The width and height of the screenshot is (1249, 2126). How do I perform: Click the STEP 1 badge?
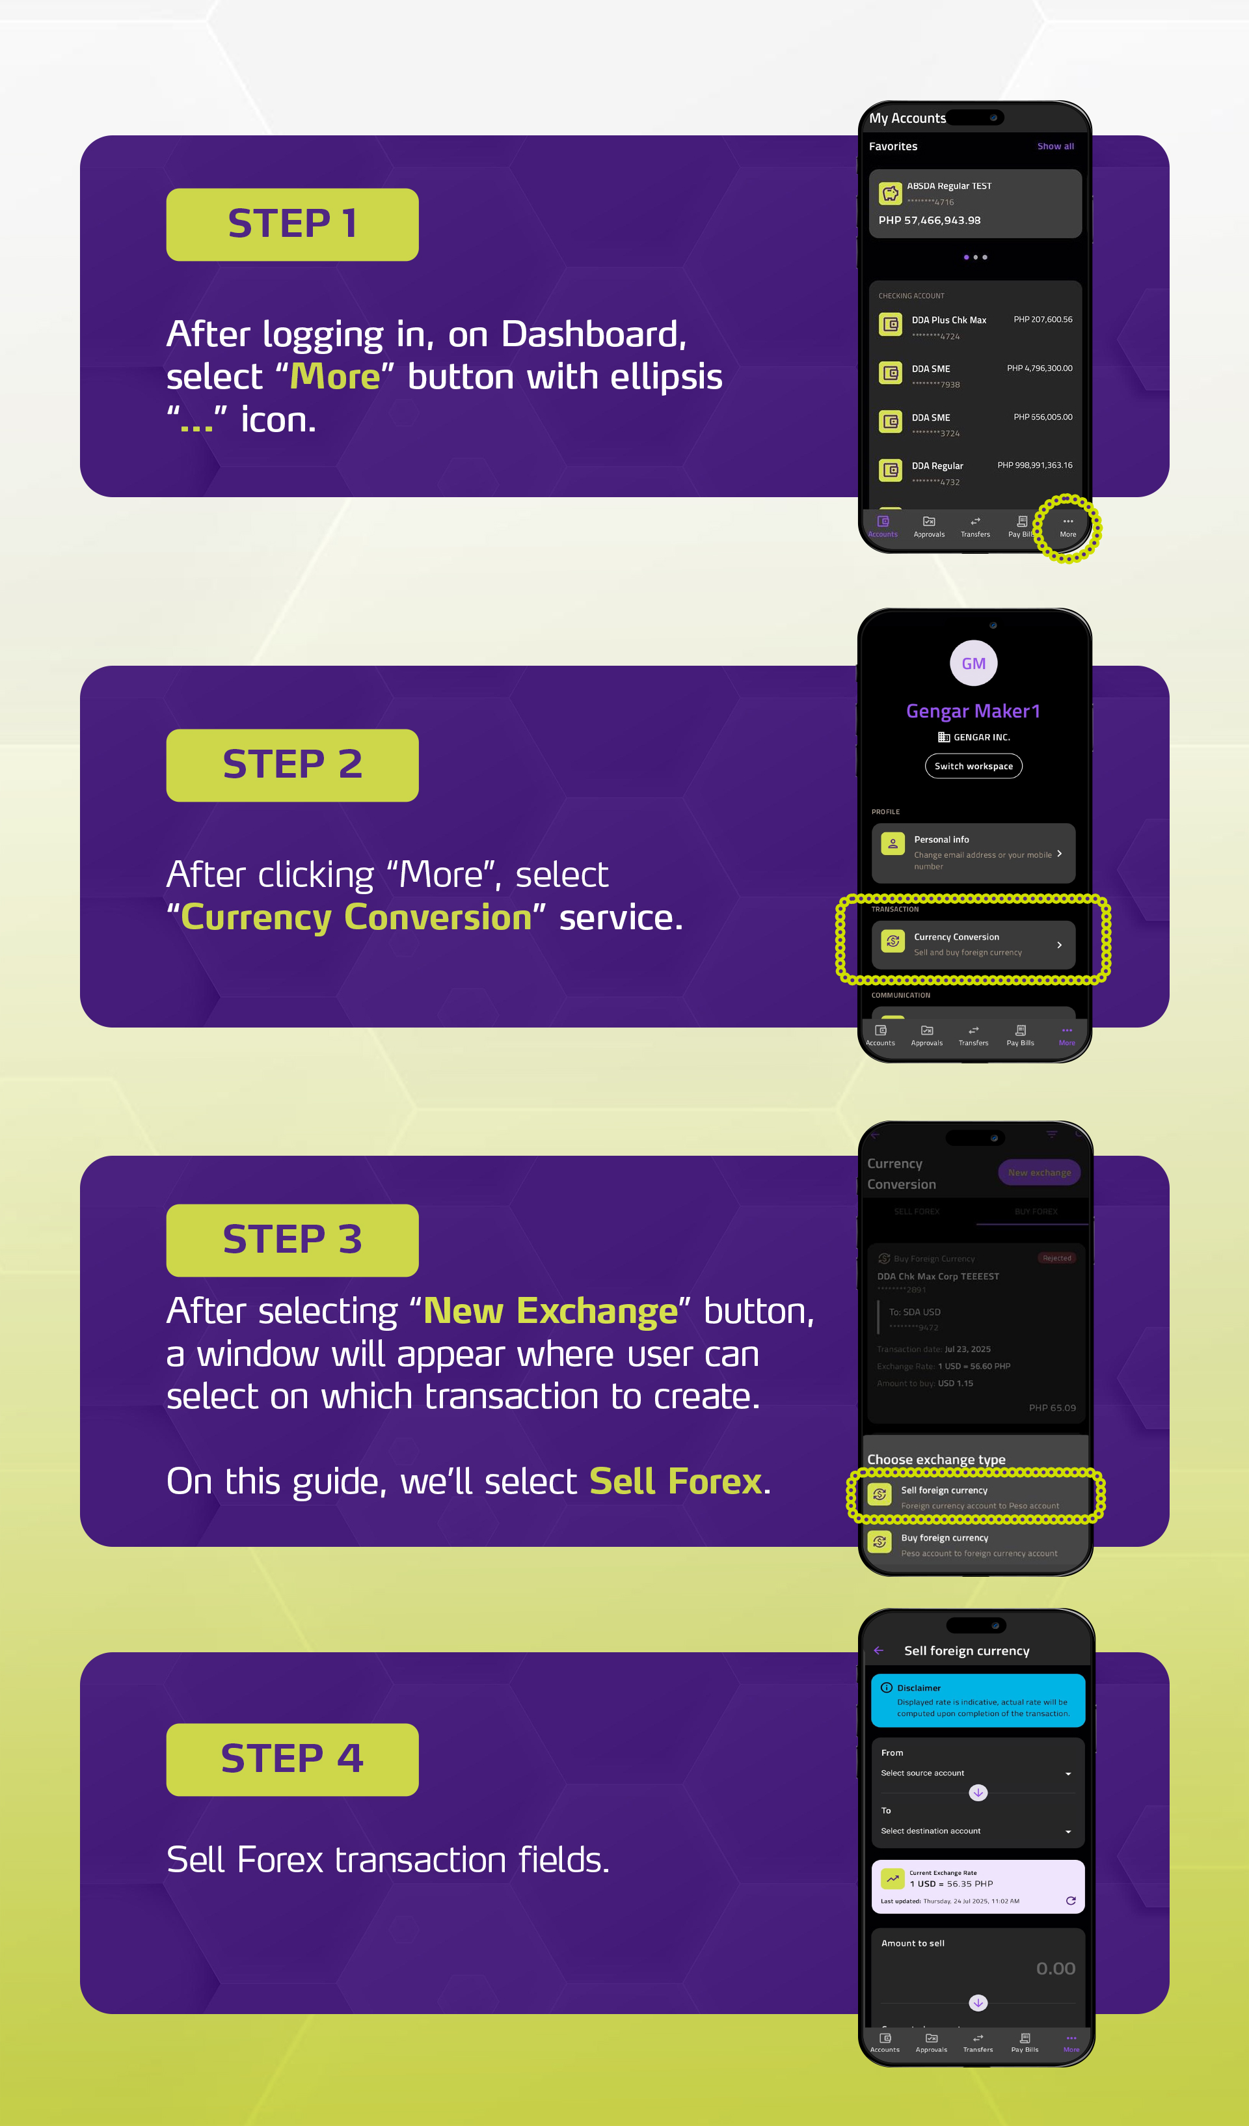point(292,225)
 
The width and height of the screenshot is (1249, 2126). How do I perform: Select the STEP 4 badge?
point(292,1759)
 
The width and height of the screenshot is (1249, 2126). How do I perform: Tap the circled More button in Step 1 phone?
point(1068,526)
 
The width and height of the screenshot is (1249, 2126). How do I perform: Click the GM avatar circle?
point(973,664)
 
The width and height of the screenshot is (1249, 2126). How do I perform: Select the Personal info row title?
point(941,839)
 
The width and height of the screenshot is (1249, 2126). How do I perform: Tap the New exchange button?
point(1039,1173)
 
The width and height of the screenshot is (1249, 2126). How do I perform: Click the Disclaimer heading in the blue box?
point(919,1688)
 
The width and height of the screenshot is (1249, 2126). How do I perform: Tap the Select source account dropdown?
point(976,1773)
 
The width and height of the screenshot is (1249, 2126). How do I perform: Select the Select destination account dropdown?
point(976,1831)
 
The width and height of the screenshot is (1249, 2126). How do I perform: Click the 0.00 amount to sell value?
point(1055,1969)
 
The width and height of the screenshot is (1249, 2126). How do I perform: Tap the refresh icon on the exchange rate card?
point(1070,1901)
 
